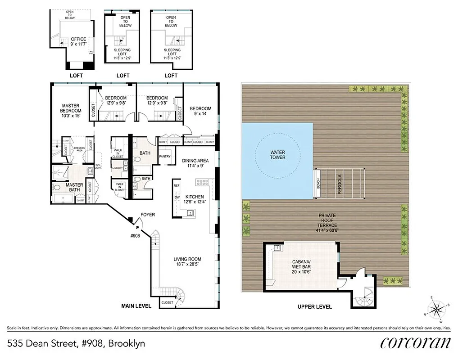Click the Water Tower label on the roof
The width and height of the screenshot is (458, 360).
pos(277,155)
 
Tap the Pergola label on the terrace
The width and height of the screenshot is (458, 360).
pos(340,184)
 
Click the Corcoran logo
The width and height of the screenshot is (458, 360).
pos(415,343)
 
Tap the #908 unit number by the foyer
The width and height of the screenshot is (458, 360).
pos(136,235)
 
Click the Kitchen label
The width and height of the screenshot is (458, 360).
pos(195,199)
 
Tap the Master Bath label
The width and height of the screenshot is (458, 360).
pos(75,187)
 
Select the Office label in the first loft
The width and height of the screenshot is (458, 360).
pos(78,42)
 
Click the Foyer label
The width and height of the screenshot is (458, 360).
pos(148,215)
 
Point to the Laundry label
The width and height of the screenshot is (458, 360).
pos(117,168)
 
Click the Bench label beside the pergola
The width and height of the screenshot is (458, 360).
pos(318,184)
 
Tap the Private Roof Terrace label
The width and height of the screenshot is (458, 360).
pos(327,223)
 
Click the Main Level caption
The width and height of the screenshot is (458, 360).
pos(136,306)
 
